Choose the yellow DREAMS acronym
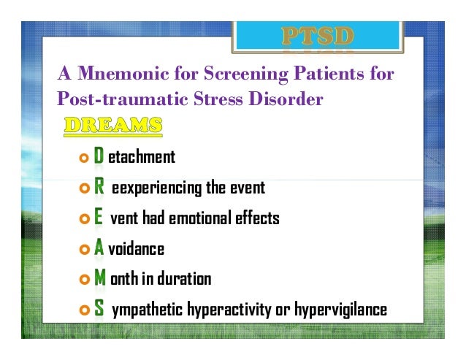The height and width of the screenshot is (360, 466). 113,126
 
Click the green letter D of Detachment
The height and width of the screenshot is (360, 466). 99,157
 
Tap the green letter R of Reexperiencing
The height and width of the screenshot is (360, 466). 99,188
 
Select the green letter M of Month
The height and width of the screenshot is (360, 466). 100,279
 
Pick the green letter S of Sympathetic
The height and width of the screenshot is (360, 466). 99,310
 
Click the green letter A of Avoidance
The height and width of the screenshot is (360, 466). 99,248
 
